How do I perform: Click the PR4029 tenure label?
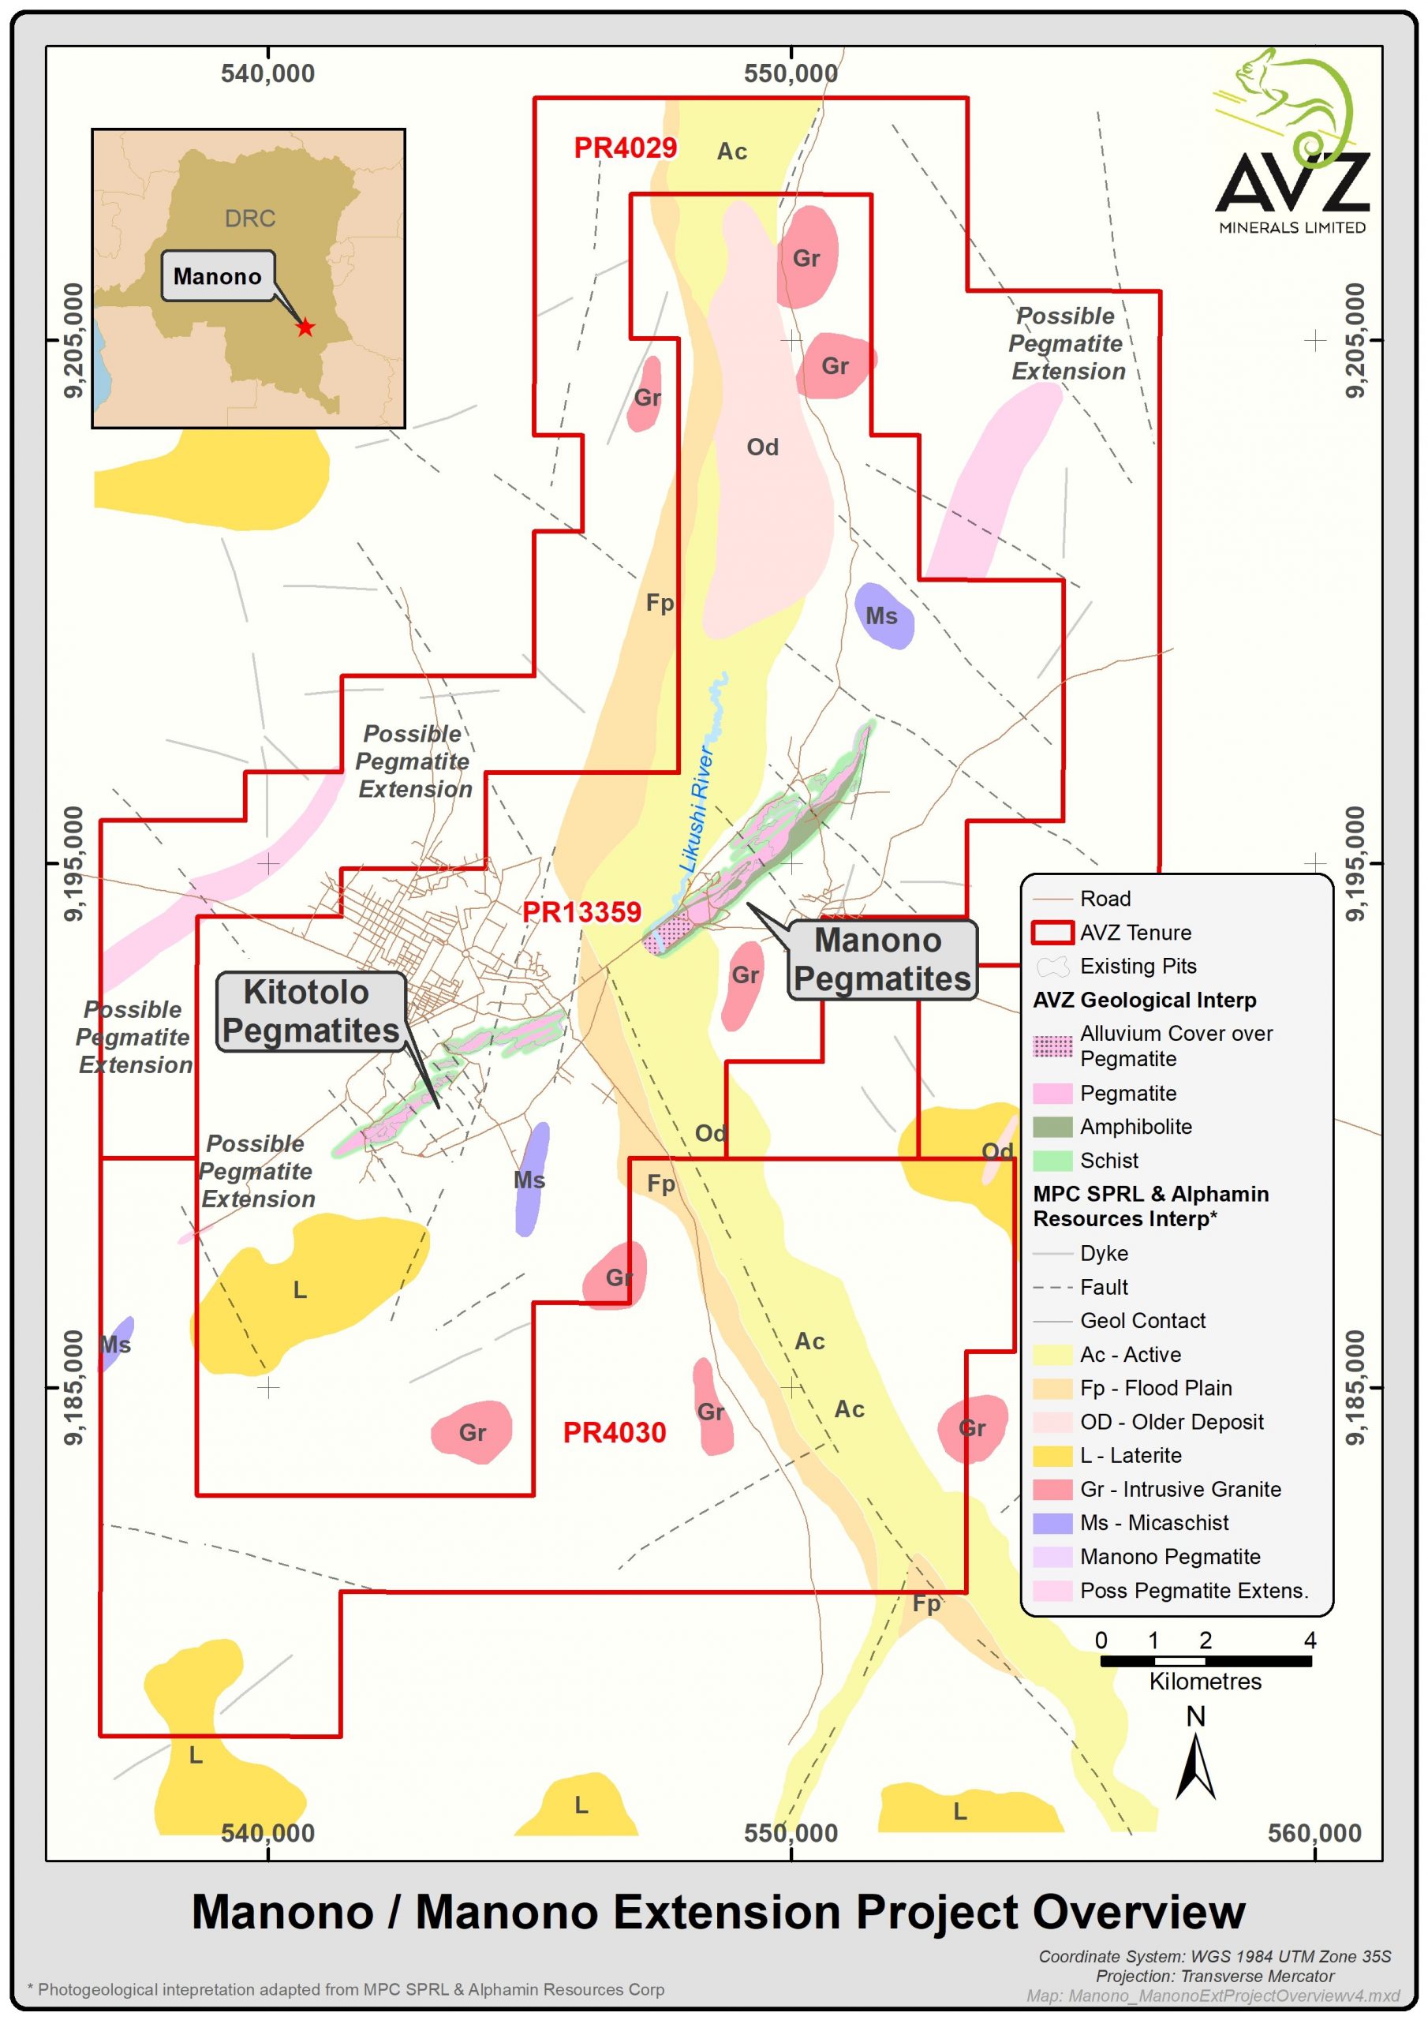625,148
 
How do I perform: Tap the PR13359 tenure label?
581,912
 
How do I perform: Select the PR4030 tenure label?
614,1433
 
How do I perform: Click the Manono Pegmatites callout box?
881,959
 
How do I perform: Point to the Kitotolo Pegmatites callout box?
310,1012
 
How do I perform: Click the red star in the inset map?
305,327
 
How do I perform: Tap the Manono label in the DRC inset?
217,276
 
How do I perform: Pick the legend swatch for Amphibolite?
1052,1127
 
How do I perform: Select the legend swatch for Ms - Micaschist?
1052,1523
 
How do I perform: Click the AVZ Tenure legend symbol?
1052,933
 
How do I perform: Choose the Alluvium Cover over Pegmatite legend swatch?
1052,1046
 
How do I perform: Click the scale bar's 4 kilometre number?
1309,1640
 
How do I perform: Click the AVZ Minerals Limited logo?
1291,145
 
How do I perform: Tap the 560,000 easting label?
1314,1834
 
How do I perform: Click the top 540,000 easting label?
267,74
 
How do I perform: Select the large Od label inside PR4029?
762,448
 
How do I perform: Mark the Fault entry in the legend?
1103,1287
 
